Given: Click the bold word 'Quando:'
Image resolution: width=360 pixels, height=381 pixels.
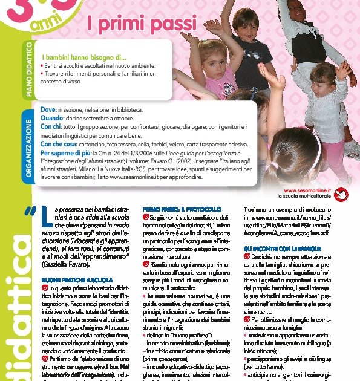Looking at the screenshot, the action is pos(53,119).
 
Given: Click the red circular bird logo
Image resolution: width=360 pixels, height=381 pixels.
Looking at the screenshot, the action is pos(342,193).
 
